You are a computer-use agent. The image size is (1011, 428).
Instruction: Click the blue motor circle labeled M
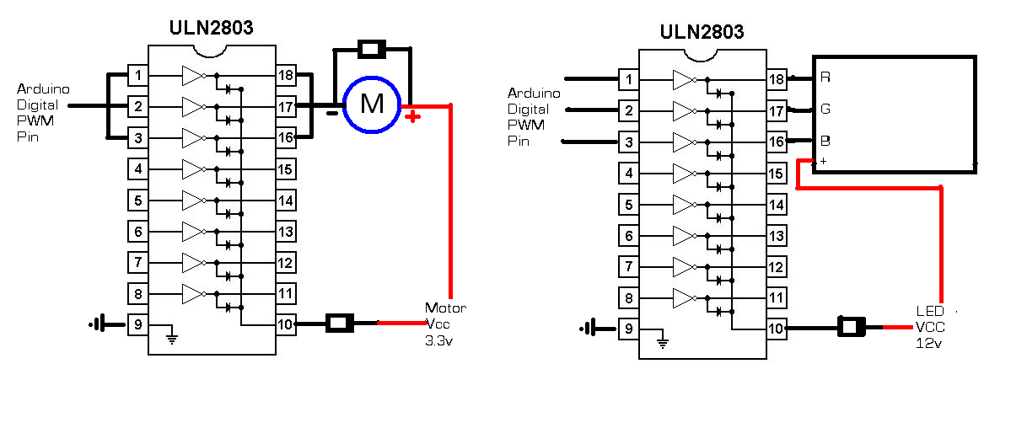point(371,104)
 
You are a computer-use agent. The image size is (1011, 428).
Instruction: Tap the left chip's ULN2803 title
point(212,29)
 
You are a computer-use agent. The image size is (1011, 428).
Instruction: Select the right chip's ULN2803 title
point(702,32)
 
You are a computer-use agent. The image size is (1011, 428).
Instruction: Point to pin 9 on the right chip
point(628,329)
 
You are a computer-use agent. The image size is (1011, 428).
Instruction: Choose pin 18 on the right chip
point(776,79)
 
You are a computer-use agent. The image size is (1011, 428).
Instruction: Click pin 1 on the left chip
point(138,76)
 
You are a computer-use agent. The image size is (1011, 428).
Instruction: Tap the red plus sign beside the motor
point(412,115)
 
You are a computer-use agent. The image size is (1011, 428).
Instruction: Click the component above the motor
point(372,49)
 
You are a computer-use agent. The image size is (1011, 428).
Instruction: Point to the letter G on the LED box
point(825,109)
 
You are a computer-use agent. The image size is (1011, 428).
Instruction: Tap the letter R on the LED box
point(825,78)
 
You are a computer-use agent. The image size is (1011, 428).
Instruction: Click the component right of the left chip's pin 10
point(341,323)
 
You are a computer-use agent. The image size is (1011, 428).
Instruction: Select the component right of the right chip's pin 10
point(852,327)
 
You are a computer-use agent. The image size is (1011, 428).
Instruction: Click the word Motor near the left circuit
point(445,308)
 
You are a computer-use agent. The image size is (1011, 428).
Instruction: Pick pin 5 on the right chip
point(628,204)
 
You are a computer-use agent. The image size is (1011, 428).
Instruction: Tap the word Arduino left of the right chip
point(534,93)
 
